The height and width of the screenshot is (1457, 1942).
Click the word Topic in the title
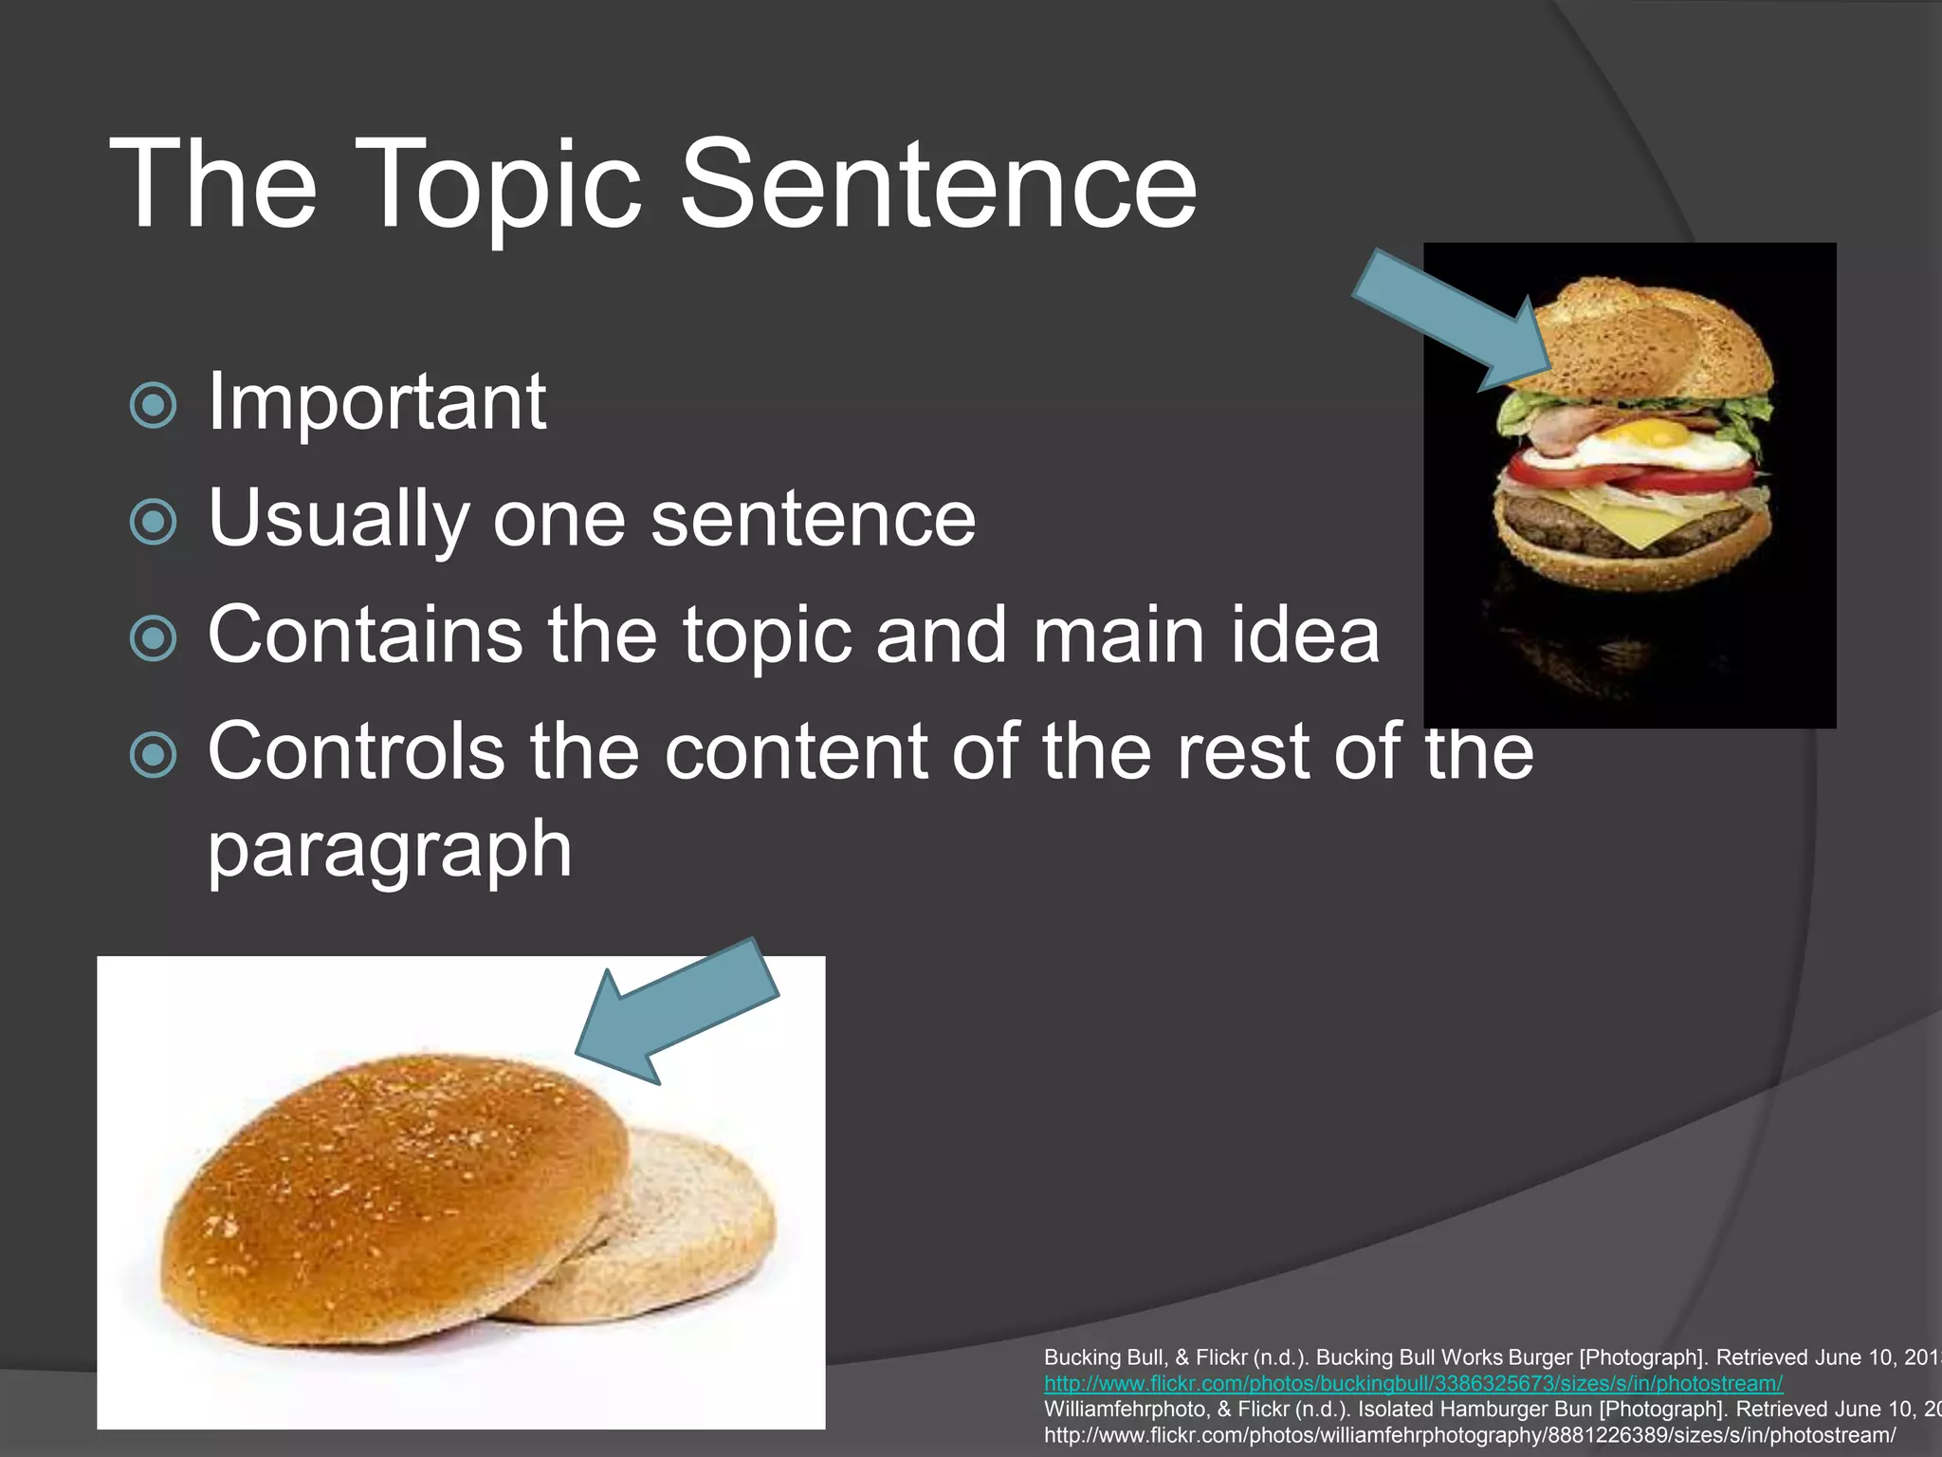tap(503, 185)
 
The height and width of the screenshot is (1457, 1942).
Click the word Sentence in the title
tap(939, 185)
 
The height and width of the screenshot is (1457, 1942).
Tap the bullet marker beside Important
tap(153, 406)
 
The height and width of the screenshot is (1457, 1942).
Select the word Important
tap(376, 402)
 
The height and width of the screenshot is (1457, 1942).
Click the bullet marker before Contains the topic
tap(153, 638)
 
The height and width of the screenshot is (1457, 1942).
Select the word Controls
tap(356, 751)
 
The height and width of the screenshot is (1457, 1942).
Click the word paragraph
tap(390, 849)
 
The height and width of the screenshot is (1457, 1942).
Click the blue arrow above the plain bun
tap(679, 1011)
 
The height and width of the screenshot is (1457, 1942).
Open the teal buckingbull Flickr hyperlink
tap(1413, 1384)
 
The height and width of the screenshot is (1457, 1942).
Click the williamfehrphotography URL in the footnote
tap(1470, 1435)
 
